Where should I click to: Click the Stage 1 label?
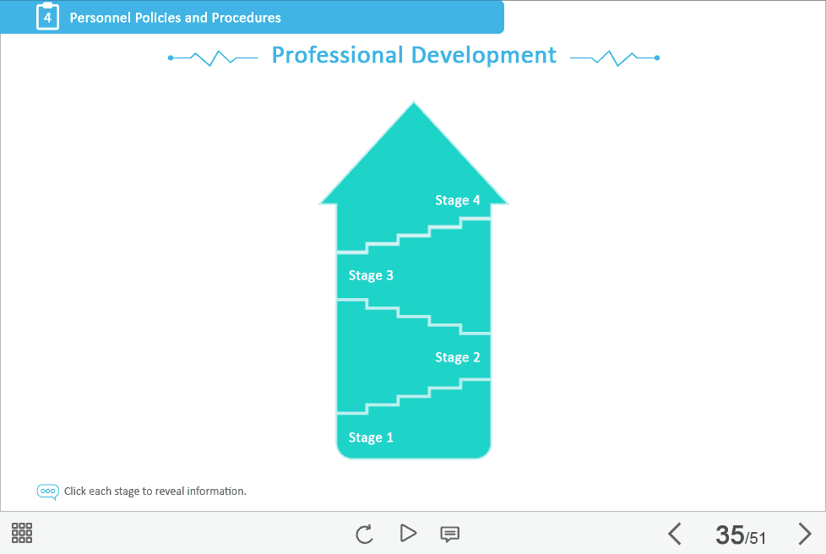pyautogui.click(x=371, y=437)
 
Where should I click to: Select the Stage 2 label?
pyautogui.click(x=457, y=357)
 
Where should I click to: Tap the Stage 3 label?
pyautogui.click(x=371, y=275)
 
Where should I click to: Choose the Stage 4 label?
pyautogui.click(x=457, y=200)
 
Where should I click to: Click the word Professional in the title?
pyautogui.click(x=338, y=55)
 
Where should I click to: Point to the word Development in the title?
pyautogui.click(x=484, y=56)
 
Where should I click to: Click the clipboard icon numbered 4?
pyautogui.click(x=47, y=16)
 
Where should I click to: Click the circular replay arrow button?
pyautogui.click(x=364, y=534)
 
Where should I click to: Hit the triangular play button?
pyautogui.click(x=408, y=533)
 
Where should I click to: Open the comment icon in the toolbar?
pyautogui.click(x=449, y=535)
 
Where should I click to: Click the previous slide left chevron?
pyautogui.click(x=674, y=534)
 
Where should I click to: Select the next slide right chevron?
pyautogui.click(x=804, y=534)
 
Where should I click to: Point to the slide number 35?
pyautogui.click(x=730, y=535)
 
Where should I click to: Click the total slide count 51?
pyautogui.click(x=757, y=538)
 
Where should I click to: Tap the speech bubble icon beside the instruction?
pyautogui.click(x=47, y=492)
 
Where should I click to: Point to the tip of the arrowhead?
pyautogui.click(x=414, y=101)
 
